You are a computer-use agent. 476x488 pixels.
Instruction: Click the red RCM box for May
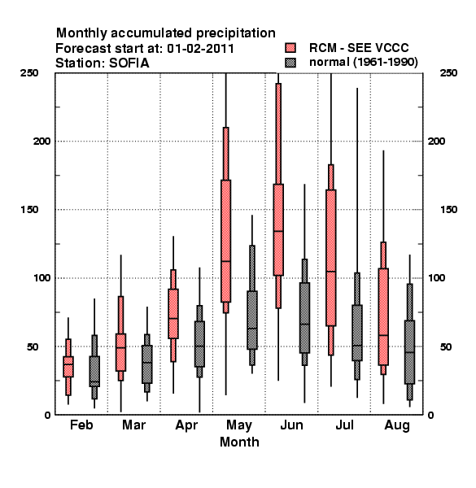[225, 241]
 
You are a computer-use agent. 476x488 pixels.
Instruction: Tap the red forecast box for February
[68, 367]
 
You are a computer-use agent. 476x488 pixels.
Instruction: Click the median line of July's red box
[331, 272]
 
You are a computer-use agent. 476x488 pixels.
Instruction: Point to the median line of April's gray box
[199, 346]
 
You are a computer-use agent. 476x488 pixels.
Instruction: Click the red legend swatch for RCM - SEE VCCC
[290, 48]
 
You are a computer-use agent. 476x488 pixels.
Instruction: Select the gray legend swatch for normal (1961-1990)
[290, 63]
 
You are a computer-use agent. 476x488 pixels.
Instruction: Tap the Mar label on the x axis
[134, 425]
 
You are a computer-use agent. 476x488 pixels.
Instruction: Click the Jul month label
[345, 425]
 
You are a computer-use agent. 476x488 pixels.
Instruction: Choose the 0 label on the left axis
[47, 415]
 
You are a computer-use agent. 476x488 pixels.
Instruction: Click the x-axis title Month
[239, 442]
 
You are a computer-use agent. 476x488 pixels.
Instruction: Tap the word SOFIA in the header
[129, 63]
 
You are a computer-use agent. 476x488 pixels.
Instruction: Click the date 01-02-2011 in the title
[201, 49]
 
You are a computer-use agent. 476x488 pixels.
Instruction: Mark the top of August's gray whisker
[410, 255]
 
